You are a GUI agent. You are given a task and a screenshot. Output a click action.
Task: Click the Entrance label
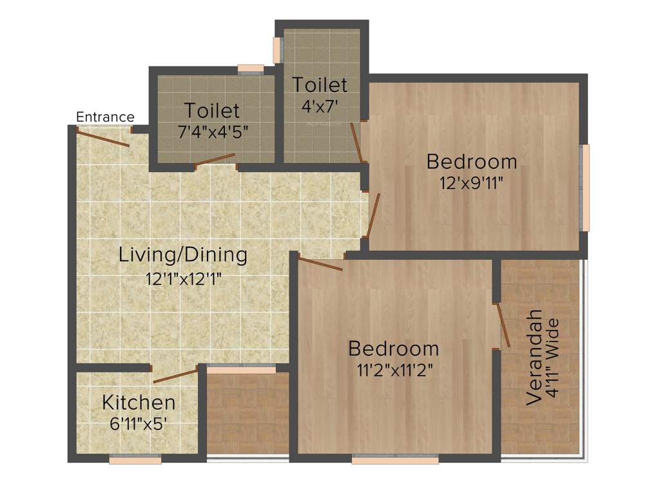coord(105,117)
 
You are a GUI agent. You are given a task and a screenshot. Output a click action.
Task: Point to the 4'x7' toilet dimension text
coord(320,103)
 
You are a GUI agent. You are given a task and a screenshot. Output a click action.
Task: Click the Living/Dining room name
coord(183,255)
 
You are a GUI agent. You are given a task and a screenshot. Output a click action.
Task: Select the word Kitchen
coord(139,403)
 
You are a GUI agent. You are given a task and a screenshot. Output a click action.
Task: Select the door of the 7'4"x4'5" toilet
coord(215,159)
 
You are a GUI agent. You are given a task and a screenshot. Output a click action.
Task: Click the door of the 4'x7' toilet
coord(356,141)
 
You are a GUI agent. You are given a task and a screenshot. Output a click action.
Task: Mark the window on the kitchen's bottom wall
coord(135,460)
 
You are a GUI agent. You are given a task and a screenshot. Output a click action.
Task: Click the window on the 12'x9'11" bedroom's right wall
coord(586,188)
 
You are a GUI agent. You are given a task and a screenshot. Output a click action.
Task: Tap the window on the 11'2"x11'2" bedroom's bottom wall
coord(395,460)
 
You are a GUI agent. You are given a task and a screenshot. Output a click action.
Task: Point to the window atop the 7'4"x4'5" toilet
coord(250,68)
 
